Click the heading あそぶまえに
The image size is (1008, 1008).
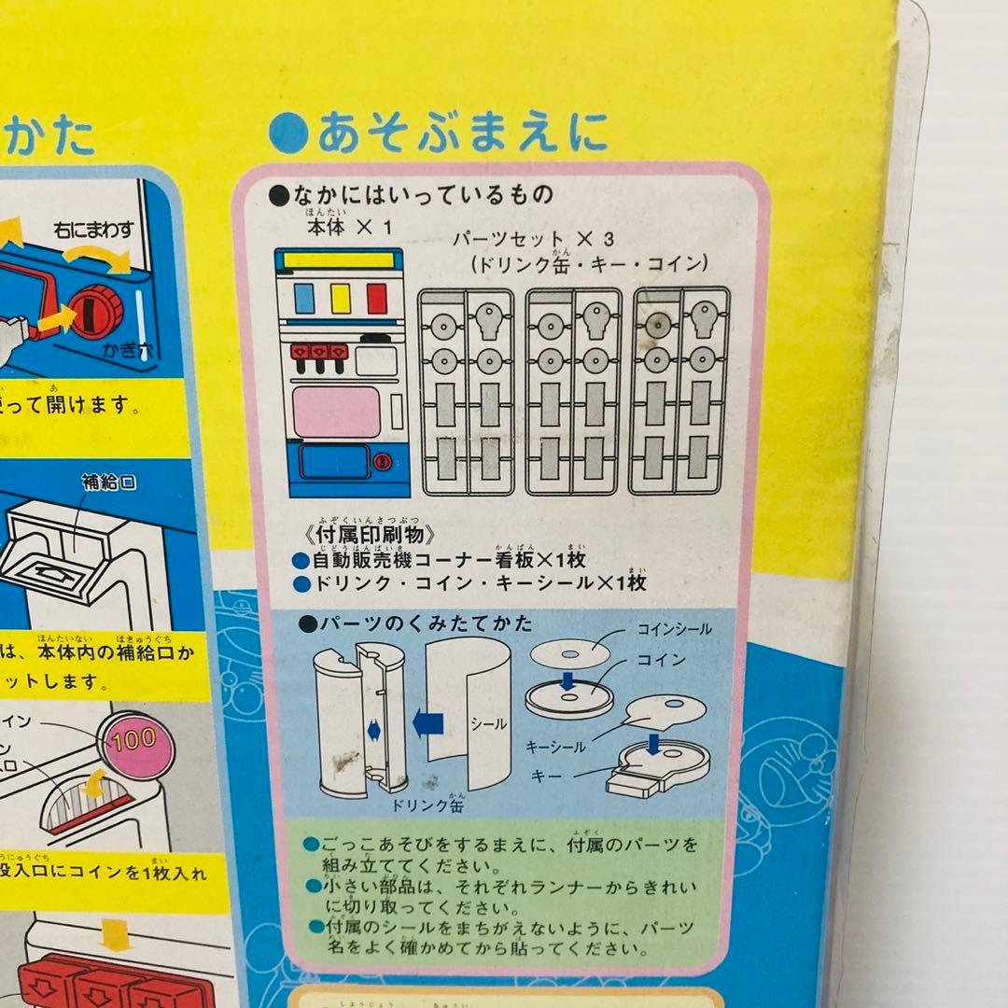click(439, 133)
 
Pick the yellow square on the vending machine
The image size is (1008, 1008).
click(341, 298)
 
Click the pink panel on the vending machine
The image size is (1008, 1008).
click(336, 412)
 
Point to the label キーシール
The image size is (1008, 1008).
click(556, 746)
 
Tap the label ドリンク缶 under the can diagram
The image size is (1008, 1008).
click(428, 804)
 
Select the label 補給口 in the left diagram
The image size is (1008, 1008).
click(109, 483)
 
